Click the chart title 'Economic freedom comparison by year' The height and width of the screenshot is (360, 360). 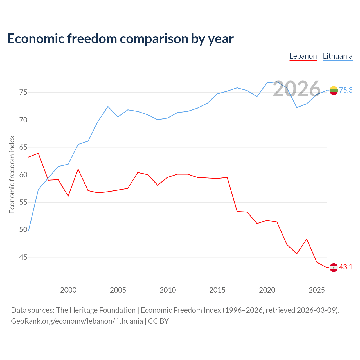point(120,39)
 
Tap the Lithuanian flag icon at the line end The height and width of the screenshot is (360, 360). point(334,90)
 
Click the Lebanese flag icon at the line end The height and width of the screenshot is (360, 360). point(334,267)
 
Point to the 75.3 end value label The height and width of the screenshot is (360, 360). point(346,90)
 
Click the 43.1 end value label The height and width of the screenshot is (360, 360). point(346,267)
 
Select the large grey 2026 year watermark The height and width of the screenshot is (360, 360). point(296,89)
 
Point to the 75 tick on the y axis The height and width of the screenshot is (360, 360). point(23,92)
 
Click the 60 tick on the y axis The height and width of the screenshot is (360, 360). point(23,175)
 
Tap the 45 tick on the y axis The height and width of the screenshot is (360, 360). point(23,257)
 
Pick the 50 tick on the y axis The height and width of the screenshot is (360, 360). point(23,229)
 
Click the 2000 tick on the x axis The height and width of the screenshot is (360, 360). point(68,290)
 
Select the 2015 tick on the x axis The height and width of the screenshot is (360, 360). point(217,290)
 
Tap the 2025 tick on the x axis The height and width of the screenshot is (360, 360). point(317,290)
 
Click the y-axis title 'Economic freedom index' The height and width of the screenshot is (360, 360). point(12,174)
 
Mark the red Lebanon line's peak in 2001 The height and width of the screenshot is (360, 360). point(78,169)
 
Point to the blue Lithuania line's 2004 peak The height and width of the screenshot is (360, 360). point(108,107)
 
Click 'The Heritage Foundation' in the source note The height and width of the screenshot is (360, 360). point(96,310)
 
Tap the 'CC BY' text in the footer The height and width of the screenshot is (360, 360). point(158,321)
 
